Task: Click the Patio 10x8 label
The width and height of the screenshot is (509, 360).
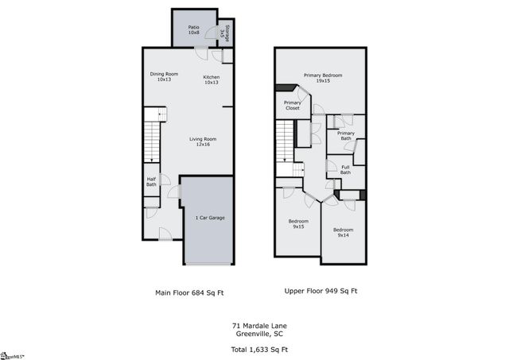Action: (193, 30)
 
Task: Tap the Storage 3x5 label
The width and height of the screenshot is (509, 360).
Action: (225, 33)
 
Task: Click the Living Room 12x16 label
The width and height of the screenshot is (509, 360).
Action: (203, 141)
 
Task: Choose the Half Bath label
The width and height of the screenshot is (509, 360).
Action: (151, 182)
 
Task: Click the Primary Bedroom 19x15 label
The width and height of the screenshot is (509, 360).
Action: (321, 78)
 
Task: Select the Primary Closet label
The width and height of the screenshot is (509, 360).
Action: (292, 105)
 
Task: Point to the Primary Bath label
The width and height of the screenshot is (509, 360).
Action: (345, 135)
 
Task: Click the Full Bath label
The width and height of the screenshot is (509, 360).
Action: (345, 169)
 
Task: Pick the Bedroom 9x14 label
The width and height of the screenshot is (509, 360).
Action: (344, 232)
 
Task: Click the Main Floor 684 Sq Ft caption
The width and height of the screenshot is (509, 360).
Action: (189, 292)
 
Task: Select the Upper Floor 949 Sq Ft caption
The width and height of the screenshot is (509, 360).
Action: (321, 291)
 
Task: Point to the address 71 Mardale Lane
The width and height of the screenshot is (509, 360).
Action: (259, 325)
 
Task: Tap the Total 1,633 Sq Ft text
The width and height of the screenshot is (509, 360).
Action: (259, 349)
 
